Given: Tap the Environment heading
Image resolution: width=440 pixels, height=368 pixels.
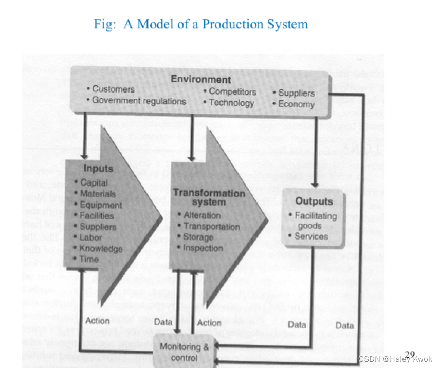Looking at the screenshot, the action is click(201, 79).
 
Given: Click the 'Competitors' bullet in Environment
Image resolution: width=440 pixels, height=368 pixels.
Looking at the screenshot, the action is click(232, 91).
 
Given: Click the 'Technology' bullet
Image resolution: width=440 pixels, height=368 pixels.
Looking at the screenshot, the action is click(231, 103).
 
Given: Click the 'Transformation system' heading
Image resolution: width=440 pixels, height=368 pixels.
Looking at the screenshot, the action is click(209, 197).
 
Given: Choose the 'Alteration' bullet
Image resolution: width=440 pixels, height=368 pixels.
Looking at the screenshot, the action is click(202, 215).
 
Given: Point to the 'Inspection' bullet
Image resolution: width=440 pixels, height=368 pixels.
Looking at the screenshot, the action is click(202, 248).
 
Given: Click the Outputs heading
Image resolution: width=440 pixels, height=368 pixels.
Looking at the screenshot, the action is click(314, 201).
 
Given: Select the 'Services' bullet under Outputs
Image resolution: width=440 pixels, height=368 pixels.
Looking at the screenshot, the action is click(311, 236).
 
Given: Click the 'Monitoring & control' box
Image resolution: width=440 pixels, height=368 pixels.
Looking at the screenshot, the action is click(185, 352).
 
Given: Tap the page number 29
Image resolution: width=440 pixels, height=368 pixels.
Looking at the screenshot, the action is click(410, 354).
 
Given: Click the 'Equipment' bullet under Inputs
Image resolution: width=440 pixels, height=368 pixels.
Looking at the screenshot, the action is click(101, 205).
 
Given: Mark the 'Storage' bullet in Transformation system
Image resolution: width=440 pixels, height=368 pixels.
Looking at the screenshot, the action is click(198, 237).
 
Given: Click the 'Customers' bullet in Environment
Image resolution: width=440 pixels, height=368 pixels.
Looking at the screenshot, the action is click(113, 89).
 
